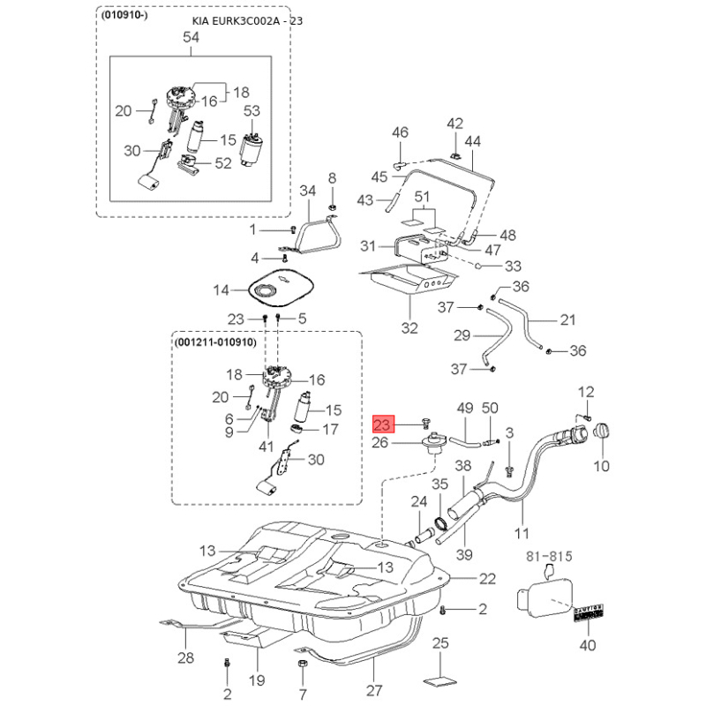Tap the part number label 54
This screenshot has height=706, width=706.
pyautogui.click(x=191, y=37)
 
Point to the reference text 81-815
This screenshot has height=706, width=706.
pyautogui.click(x=550, y=556)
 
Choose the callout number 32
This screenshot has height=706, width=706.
pyautogui.click(x=409, y=328)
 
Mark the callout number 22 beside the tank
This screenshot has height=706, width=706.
pyautogui.click(x=488, y=579)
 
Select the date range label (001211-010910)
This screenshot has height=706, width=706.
pyautogui.click(x=215, y=342)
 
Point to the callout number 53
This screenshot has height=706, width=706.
pyautogui.click(x=252, y=110)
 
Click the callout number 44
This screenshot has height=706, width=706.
pyautogui.click(x=472, y=141)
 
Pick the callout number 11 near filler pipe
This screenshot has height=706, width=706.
pyautogui.click(x=521, y=534)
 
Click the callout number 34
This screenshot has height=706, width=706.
pyautogui.click(x=307, y=191)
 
